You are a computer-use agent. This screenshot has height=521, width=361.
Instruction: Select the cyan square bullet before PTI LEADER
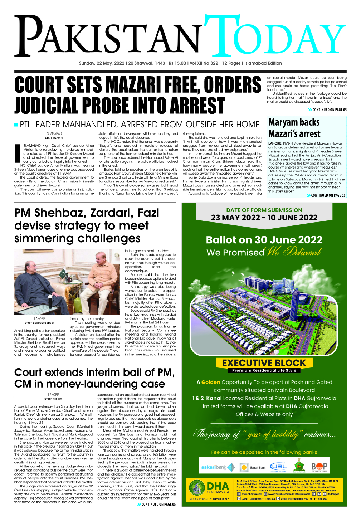[16, 125]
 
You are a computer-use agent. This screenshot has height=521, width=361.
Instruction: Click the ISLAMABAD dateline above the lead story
[54, 134]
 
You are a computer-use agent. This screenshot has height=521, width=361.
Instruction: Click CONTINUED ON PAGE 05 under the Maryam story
[326, 195]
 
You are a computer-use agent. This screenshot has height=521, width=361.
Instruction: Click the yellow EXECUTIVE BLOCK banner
[264, 363]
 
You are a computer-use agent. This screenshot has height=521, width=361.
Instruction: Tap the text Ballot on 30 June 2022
[264, 240]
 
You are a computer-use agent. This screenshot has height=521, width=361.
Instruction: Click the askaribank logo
[217, 467]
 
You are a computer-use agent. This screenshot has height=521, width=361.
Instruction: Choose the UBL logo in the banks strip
[278, 467]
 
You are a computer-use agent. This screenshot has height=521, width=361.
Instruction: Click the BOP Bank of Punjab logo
[319, 467]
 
